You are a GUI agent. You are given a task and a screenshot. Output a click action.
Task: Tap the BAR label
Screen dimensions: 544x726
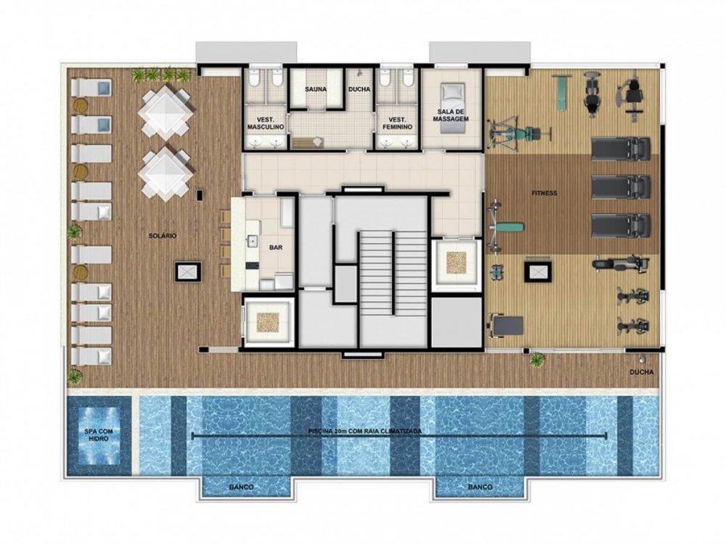(276, 247)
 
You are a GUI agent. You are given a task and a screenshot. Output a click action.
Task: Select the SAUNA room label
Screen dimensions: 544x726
(316, 89)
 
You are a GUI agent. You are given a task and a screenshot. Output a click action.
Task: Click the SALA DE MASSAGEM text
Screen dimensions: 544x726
(451, 115)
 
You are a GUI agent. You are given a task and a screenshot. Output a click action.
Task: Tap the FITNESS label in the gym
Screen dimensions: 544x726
(543, 193)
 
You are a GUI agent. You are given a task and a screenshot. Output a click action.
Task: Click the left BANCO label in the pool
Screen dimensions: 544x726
(241, 487)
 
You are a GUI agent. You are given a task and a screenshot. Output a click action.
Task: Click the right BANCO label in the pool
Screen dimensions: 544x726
(481, 487)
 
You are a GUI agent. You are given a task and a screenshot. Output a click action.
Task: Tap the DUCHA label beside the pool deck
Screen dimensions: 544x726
(642, 372)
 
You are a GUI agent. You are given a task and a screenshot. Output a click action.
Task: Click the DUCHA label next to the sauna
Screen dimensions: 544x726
(359, 89)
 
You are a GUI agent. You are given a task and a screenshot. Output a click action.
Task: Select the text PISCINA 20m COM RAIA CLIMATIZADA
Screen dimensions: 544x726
(364, 431)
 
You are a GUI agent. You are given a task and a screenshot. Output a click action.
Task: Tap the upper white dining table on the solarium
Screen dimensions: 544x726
(167, 111)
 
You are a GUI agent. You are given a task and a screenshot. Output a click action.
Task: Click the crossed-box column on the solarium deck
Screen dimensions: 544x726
(186, 272)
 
